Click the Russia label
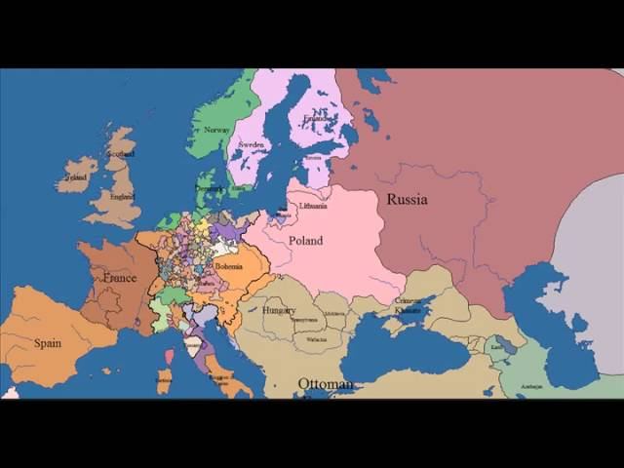coord(407,200)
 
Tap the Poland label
coord(305,241)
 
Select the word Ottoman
coord(326,384)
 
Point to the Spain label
coord(47,343)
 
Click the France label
coord(119,278)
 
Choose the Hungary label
coord(279,310)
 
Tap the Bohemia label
coord(228,265)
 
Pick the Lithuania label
coord(313,206)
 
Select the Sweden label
coord(252,144)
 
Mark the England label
coord(122,196)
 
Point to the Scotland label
coord(121,154)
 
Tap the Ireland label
coord(76,178)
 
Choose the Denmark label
coord(209,187)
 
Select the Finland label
coord(317,119)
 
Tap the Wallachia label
coord(316,339)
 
